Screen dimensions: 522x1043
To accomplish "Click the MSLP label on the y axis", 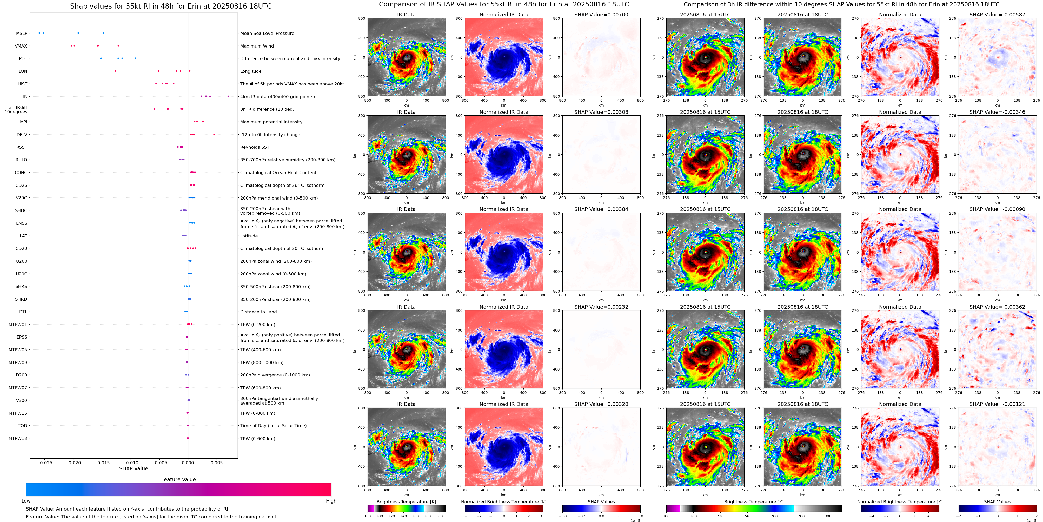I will pyautogui.click(x=22, y=33).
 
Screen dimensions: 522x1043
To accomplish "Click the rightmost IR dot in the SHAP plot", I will pyautogui.click(x=228, y=96).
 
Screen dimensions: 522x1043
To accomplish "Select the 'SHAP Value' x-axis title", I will pyautogui.click(x=133, y=468).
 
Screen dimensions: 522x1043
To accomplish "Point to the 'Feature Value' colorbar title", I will pyautogui.click(x=178, y=479).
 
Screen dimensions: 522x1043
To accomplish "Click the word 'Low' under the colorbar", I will pyautogui.click(x=26, y=501).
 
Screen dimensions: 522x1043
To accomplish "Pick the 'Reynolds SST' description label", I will pyautogui.click(x=255, y=147).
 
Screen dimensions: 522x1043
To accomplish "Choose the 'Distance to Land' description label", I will pyautogui.click(x=258, y=312).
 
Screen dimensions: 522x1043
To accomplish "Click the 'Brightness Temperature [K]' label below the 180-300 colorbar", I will pyautogui.click(x=406, y=502).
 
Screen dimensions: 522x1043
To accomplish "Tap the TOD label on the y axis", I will pyautogui.click(x=23, y=426).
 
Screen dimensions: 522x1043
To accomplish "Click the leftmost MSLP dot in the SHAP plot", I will pyautogui.click(x=39, y=33).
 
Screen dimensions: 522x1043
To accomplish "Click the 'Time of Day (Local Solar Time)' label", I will pyautogui.click(x=273, y=426).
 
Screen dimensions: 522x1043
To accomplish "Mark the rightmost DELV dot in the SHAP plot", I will pyautogui.click(x=214, y=134).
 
